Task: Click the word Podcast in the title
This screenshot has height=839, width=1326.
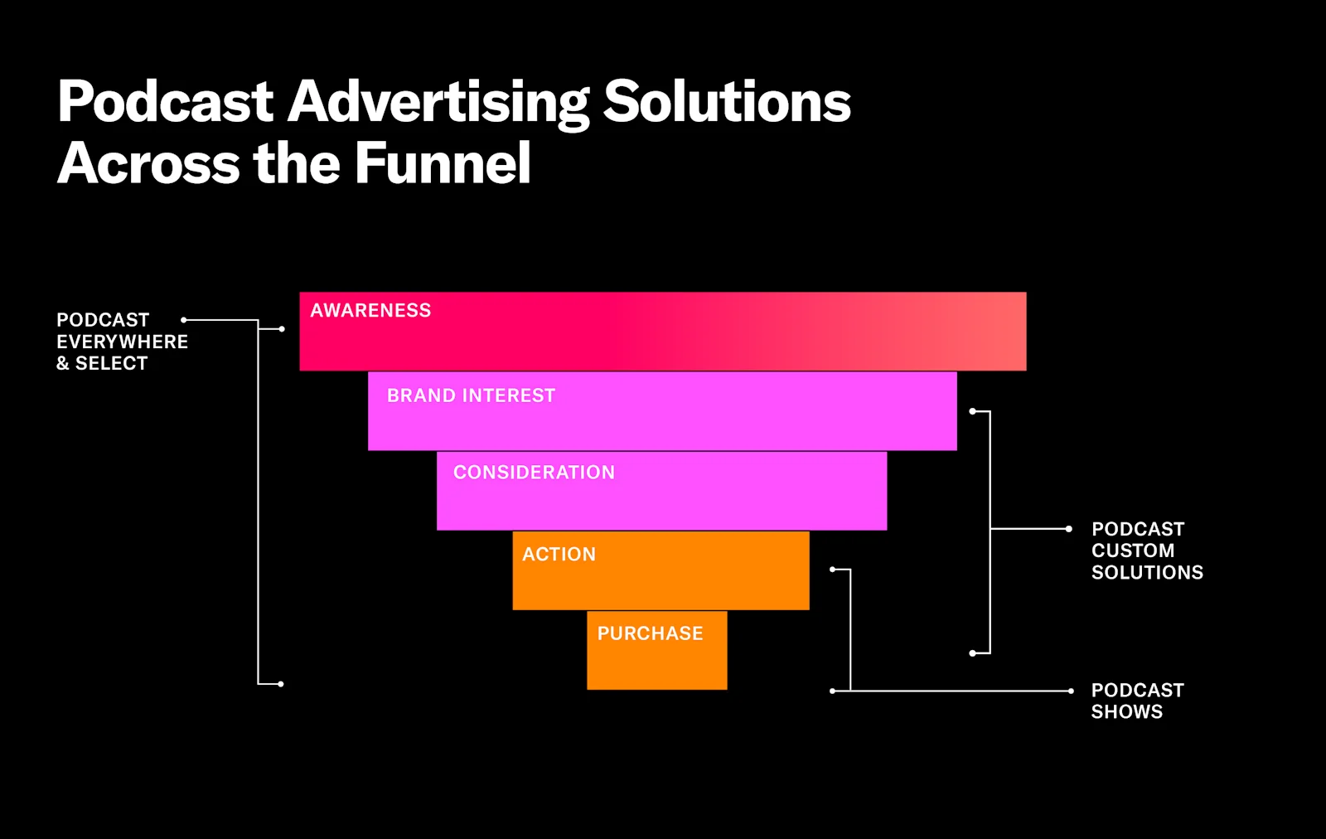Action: (x=166, y=102)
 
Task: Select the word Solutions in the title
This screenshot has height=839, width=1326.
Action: (x=727, y=102)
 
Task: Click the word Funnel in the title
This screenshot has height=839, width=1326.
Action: (x=443, y=163)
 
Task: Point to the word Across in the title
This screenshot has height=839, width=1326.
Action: (x=148, y=163)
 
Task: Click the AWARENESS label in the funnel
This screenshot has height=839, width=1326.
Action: (x=370, y=310)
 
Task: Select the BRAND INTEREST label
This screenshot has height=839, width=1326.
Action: (x=471, y=395)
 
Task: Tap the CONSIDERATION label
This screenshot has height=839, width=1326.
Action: (x=534, y=473)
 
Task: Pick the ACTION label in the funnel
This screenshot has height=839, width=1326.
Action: (x=559, y=554)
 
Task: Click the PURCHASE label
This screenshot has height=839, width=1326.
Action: (x=650, y=633)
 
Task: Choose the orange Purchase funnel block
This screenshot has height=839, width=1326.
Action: (x=656, y=663)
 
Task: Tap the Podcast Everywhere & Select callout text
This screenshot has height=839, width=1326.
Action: (x=122, y=342)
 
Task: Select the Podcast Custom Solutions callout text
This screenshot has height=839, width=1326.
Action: (x=1147, y=550)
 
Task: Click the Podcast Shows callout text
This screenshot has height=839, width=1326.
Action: (x=1137, y=701)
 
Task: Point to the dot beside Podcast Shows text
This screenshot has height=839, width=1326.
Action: (x=1071, y=691)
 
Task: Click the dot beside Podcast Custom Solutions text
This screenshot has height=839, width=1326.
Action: (x=1069, y=528)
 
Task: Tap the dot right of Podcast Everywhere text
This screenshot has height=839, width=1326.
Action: (x=184, y=320)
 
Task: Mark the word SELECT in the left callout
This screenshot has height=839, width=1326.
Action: (x=111, y=363)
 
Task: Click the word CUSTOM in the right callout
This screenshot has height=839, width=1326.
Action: (x=1132, y=550)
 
